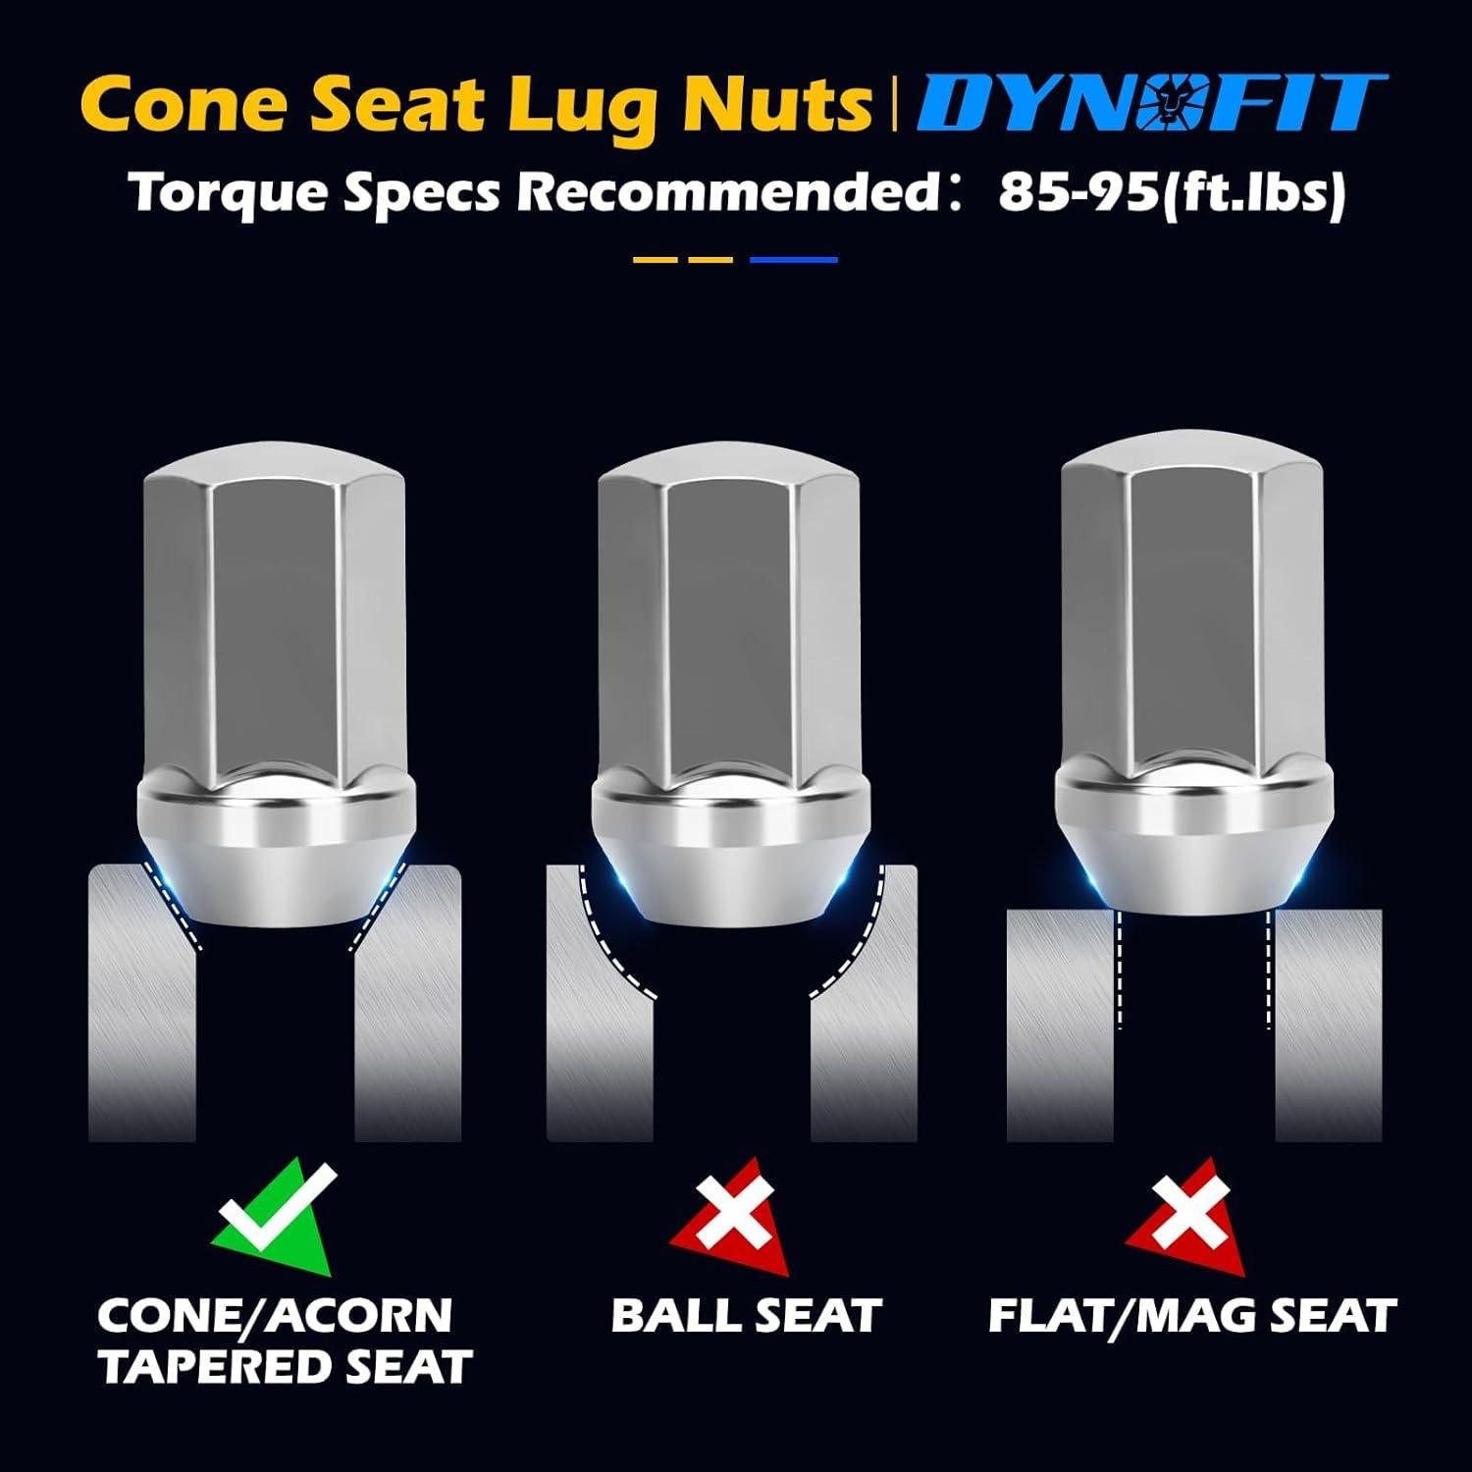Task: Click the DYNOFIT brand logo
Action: [1151, 102]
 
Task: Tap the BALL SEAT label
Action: [746, 1316]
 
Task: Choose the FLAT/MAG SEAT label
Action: [1191, 1316]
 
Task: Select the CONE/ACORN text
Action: [275, 1316]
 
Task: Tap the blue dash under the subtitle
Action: [793, 260]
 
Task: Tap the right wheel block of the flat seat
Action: [1328, 1025]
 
